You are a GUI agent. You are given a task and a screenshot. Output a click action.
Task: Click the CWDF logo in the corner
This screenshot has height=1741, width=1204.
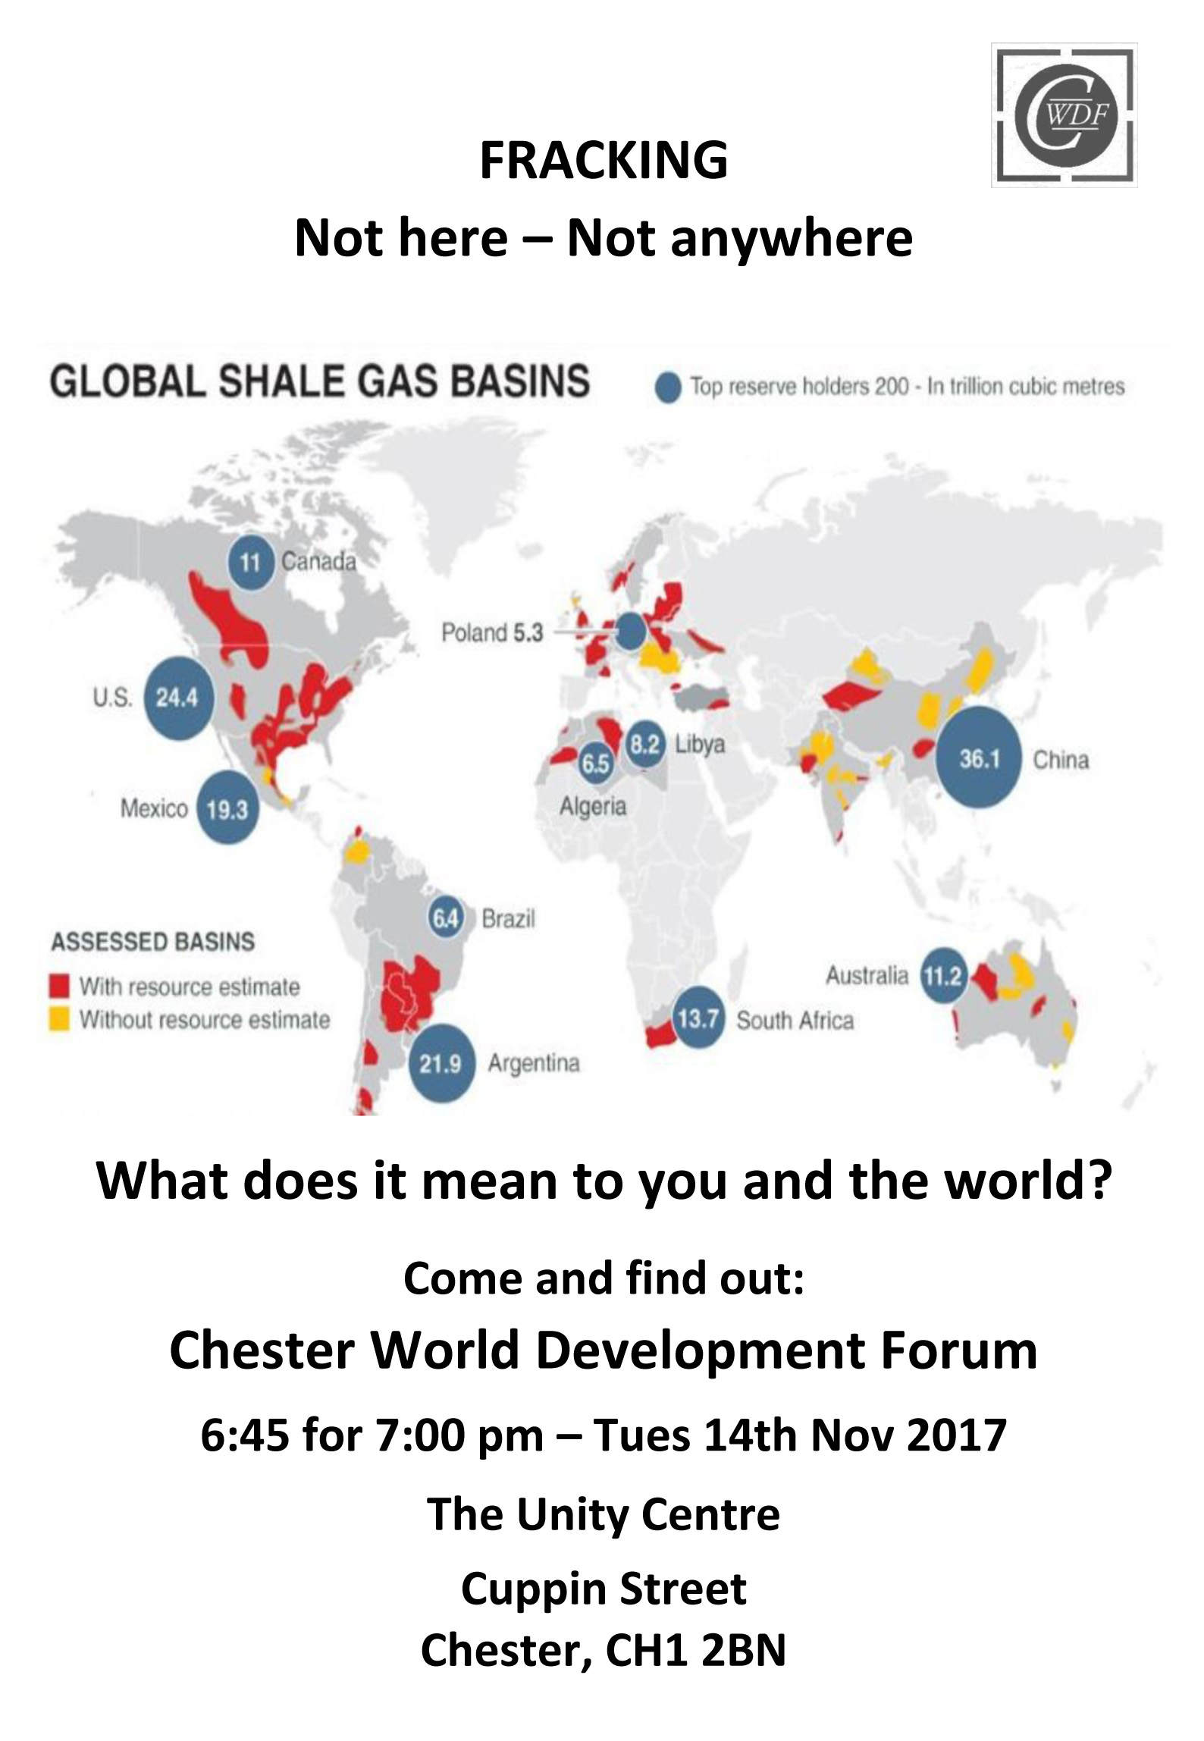(1064, 115)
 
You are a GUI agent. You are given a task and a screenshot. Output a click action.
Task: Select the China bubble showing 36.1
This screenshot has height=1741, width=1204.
(978, 757)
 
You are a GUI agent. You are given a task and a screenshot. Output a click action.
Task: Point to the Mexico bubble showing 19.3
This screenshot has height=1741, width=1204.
(227, 808)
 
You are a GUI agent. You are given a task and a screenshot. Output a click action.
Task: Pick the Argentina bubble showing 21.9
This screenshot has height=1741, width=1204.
(441, 1062)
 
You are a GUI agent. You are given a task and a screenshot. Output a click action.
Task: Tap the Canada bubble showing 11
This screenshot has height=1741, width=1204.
(251, 562)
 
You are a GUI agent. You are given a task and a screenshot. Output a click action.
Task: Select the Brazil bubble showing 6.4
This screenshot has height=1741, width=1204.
(447, 918)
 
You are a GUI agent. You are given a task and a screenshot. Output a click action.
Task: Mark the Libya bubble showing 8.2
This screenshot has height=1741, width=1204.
(645, 745)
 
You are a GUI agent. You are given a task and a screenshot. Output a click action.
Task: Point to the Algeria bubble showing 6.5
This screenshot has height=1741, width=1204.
(596, 763)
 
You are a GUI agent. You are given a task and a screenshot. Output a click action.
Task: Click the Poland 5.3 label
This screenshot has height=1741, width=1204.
(492, 632)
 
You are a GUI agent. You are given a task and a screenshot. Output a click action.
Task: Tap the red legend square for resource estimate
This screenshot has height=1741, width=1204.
(59, 987)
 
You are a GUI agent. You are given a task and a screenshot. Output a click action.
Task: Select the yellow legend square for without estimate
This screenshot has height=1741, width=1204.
(59, 1019)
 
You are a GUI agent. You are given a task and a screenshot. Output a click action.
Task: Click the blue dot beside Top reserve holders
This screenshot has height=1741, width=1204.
(668, 387)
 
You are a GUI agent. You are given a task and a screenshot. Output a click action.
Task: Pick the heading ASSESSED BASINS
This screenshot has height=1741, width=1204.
(152, 941)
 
